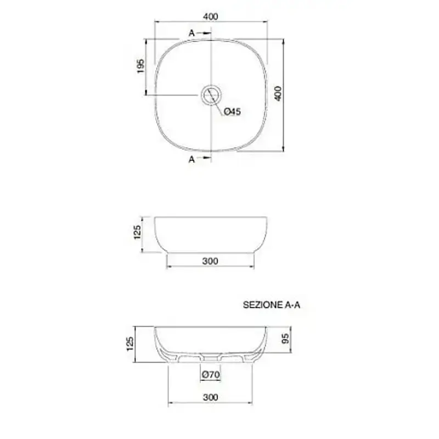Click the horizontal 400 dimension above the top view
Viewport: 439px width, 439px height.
point(211,16)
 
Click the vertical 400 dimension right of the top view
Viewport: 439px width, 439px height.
point(278,93)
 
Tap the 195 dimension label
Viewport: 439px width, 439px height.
point(141,66)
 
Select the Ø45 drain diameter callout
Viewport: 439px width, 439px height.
point(232,111)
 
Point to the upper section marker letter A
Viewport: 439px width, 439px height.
point(192,33)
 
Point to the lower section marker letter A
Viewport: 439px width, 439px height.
point(192,159)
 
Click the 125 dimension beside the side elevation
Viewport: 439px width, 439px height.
point(138,232)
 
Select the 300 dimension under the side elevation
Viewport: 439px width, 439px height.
point(210,261)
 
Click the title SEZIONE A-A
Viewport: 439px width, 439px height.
point(272,305)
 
